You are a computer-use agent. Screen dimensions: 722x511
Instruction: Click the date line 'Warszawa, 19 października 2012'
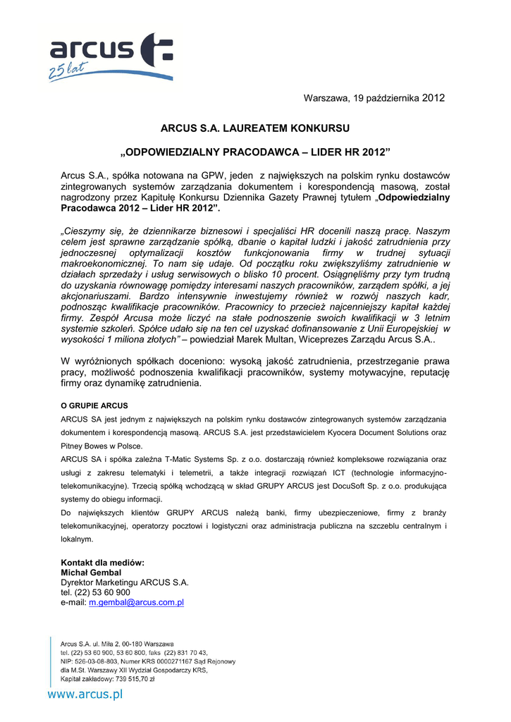(374, 98)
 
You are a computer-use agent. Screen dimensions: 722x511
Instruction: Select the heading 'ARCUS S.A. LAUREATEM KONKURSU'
(255, 128)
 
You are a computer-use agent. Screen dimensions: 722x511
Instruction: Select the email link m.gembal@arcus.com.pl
(136, 603)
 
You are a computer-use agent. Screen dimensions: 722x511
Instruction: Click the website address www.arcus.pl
(85, 695)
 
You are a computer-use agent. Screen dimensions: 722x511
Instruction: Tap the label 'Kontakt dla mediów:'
(102, 563)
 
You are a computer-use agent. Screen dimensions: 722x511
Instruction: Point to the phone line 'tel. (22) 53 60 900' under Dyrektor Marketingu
(95, 593)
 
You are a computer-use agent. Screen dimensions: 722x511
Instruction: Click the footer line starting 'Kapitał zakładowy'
(108, 680)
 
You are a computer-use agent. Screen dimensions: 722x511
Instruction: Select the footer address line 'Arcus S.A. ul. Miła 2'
(117, 644)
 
